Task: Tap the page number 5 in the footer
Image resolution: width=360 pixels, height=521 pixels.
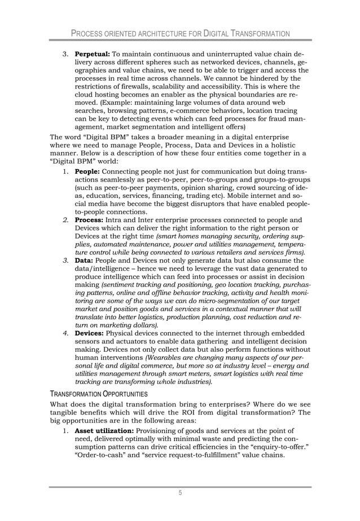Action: (180, 493)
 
